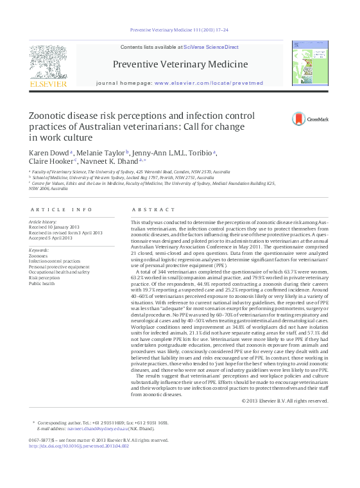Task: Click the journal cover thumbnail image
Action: (x=309, y=64)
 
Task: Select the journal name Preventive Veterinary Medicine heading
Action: (x=180, y=64)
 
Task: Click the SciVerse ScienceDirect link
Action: (x=210, y=47)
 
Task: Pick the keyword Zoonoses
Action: (x=38, y=256)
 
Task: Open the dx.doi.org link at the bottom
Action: (x=84, y=446)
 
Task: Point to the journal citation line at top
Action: (x=180, y=30)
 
